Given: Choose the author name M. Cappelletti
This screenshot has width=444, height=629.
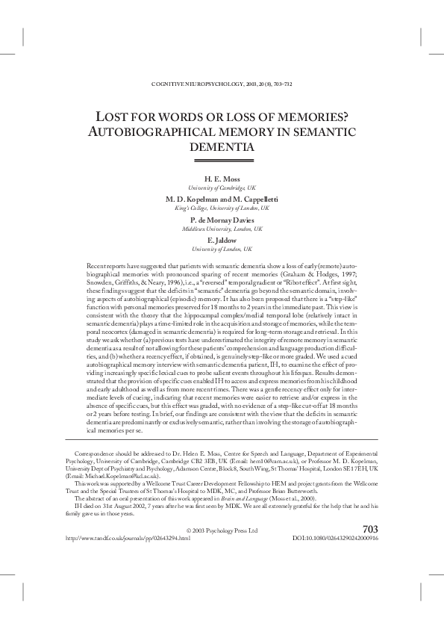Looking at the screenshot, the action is coord(251,199).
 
